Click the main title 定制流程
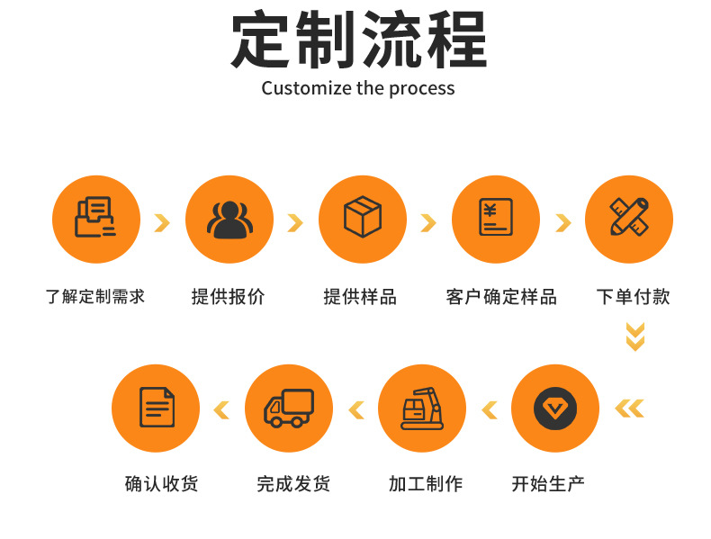(358, 40)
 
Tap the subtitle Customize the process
(358, 88)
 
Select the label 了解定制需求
(95, 296)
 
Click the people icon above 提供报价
(229, 219)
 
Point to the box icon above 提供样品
(362, 219)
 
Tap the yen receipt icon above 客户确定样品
(495, 219)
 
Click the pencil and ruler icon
(628, 219)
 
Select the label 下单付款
(634, 296)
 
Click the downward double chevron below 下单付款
(635, 337)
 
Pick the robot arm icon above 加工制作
(422, 409)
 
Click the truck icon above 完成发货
(289, 409)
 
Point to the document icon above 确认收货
(156, 409)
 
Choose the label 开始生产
(548, 484)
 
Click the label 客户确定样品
(501, 296)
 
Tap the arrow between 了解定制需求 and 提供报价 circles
(162, 222)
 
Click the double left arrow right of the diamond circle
(629, 409)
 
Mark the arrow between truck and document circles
(221, 411)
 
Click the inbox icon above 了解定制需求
(94, 219)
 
